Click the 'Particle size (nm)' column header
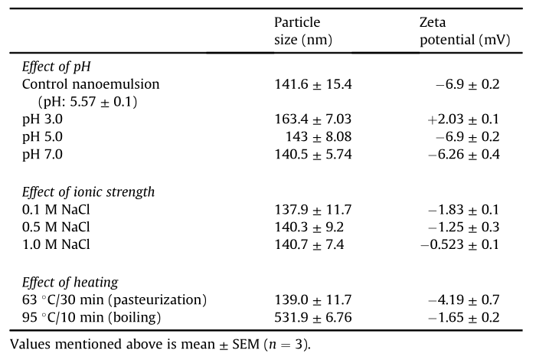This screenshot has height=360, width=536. click(x=303, y=31)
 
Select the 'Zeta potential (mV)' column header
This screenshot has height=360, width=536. click(x=465, y=31)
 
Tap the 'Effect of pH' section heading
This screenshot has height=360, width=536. click(x=57, y=67)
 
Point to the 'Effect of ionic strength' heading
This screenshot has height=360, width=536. click(x=88, y=191)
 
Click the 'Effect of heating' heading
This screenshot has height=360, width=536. click(x=70, y=283)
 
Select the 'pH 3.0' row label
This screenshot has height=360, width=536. click(x=42, y=119)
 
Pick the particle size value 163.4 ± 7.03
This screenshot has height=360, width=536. click(x=313, y=119)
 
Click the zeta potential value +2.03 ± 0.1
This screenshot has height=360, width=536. click(x=463, y=119)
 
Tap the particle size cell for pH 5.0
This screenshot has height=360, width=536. click(x=319, y=137)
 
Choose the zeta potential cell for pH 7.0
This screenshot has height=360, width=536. click(x=464, y=154)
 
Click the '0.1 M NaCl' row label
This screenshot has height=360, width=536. click(x=56, y=210)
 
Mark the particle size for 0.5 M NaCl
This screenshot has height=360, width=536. click(x=309, y=227)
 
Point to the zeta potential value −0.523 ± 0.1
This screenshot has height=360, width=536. click(x=459, y=244)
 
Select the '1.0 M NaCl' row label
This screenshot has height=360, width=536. click(x=56, y=244)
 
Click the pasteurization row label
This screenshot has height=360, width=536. click(x=115, y=299)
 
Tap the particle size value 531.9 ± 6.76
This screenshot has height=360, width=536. click(x=313, y=317)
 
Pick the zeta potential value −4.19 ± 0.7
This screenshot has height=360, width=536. click(x=464, y=299)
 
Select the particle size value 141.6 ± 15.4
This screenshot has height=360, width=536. click(x=313, y=84)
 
